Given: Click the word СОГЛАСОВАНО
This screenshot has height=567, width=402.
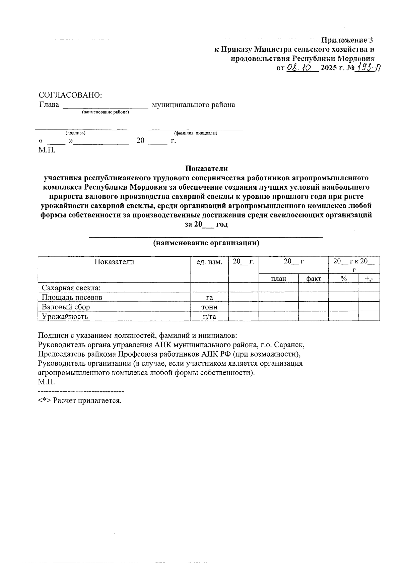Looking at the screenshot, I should pyautogui.click(x=70, y=95).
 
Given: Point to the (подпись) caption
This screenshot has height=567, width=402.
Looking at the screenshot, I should pyautogui.click(x=75, y=133).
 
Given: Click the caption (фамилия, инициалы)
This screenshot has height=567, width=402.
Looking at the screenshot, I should pyautogui.click(x=196, y=133).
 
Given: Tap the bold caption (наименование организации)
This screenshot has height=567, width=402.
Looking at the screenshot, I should pyautogui.click(x=206, y=243).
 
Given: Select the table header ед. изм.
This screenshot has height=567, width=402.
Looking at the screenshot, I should pyautogui.click(x=209, y=262).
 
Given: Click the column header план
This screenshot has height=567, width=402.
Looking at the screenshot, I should pyautogui.click(x=279, y=278).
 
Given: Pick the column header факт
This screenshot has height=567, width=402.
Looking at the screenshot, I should pyautogui.click(x=314, y=278).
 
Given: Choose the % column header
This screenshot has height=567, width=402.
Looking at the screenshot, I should pyautogui.click(x=343, y=278).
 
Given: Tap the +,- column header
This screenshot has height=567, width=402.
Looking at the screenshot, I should pyautogui.click(x=370, y=278).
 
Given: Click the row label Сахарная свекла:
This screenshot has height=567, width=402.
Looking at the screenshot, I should pyautogui.click(x=71, y=288).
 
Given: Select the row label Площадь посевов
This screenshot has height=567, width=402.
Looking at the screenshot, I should pyautogui.click(x=72, y=297).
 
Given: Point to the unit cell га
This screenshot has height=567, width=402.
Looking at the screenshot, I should pyautogui.click(x=209, y=297).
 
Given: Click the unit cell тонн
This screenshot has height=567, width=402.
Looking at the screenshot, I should pyautogui.click(x=209, y=307).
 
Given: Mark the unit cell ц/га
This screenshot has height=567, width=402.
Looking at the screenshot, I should pyautogui.click(x=209, y=316).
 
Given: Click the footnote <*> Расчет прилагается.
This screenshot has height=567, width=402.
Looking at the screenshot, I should pyautogui.click(x=80, y=400).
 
